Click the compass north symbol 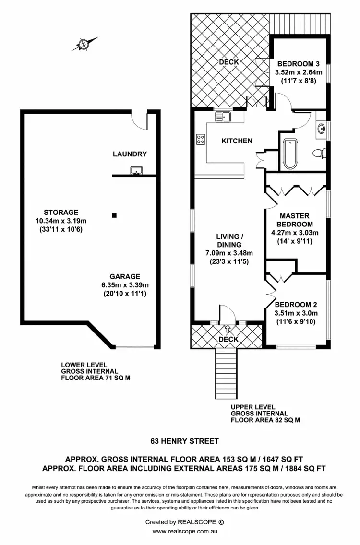[84, 44]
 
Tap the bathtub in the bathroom [289, 154]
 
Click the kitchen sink [224, 116]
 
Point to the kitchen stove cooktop [201, 140]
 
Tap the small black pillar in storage [114, 216]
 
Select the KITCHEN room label [236, 141]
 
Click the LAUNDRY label [130, 154]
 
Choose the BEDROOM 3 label [298, 64]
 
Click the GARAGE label [124, 276]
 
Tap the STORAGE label [60, 212]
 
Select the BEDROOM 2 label [296, 305]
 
